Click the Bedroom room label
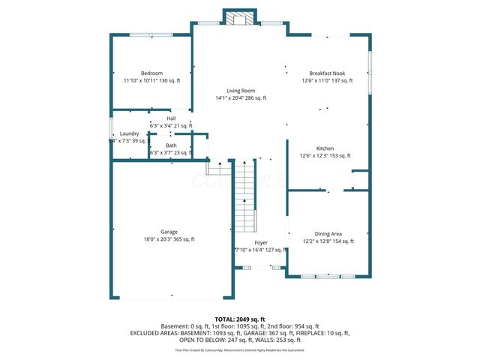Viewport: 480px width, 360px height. (x=152, y=73)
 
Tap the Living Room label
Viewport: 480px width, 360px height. (x=241, y=90)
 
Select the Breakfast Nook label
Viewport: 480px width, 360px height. (x=327, y=73)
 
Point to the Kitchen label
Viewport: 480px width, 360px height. (x=325, y=148)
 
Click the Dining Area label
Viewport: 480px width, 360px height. (x=328, y=234)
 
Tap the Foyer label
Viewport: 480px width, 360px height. (x=261, y=243)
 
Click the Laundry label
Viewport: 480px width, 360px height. (x=130, y=133)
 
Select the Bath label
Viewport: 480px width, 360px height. (x=171, y=145)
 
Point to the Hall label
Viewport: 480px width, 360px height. (x=171, y=118)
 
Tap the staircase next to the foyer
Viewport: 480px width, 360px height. (x=245, y=199)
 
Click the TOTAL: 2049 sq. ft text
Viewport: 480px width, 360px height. (x=240, y=319)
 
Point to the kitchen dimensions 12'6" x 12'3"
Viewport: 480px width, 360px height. (x=314, y=156)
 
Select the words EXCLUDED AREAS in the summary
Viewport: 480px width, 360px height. (x=157, y=333)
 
